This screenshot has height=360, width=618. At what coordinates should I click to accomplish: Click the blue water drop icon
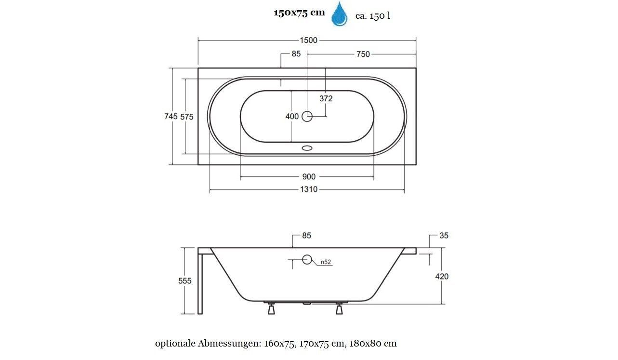(x=340, y=14)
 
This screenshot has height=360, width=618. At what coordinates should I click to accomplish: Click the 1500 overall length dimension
(x=308, y=40)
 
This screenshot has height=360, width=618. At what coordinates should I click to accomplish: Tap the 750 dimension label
(x=363, y=54)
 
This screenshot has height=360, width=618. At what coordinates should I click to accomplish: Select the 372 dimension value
(x=326, y=99)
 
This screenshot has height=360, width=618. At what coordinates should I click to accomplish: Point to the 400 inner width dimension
(x=292, y=117)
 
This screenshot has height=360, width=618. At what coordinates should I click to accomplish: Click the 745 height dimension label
(x=171, y=117)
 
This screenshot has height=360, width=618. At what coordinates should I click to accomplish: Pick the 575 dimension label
(x=187, y=117)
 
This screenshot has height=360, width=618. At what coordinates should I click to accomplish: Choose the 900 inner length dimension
(x=309, y=177)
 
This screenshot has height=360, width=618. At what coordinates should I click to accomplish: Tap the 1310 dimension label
(x=309, y=189)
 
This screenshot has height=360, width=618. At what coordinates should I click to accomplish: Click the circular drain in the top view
(x=307, y=117)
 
